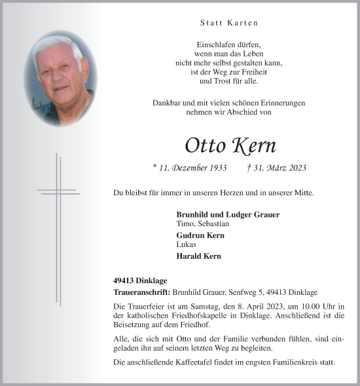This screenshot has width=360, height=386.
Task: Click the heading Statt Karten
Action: click(228, 23)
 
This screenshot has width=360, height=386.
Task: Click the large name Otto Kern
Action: click(230, 145)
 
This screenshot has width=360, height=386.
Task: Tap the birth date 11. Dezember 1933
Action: click(189, 168)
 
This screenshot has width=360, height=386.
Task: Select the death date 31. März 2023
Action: click(277, 168)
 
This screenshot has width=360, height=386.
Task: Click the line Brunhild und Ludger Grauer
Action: click(228, 214)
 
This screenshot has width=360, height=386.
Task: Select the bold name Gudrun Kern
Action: click(200, 235)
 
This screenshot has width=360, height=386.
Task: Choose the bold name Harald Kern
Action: click(198, 256)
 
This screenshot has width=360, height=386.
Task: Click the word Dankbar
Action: click(164, 103)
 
